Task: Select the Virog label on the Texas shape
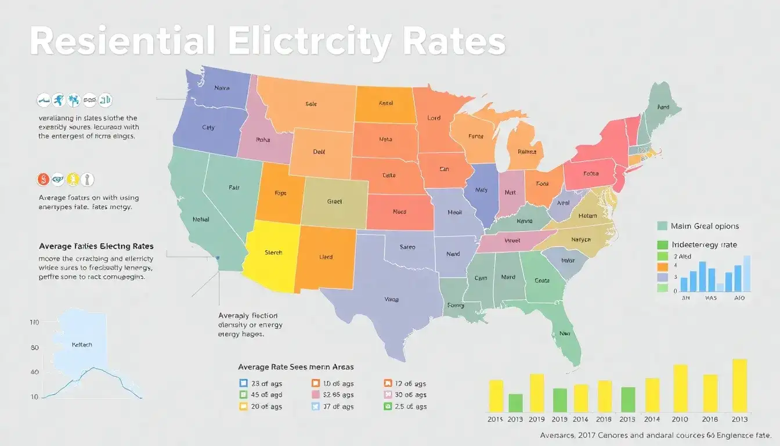392,300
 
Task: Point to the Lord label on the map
434,118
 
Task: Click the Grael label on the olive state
335,202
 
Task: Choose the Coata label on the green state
541,280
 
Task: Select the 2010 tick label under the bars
680,419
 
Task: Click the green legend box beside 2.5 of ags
388,407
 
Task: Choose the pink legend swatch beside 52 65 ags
316,395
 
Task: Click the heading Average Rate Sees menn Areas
295,367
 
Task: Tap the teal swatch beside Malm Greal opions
662,226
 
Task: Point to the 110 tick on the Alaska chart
34,322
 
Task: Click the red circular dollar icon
43,179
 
